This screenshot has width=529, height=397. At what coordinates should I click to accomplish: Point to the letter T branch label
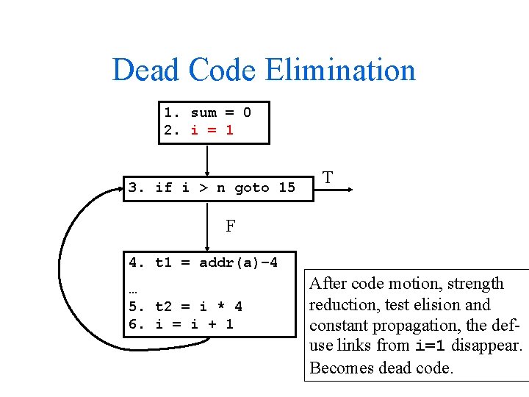(x=328, y=178)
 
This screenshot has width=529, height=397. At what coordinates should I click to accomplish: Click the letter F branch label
(x=231, y=226)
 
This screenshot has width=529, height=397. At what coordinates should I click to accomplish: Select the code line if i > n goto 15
(x=212, y=188)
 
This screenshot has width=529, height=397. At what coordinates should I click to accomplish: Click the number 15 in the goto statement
(x=287, y=188)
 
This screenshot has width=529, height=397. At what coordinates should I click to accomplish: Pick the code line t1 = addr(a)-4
(x=204, y=262)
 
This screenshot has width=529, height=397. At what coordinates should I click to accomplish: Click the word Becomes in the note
(x=342, y=368)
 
